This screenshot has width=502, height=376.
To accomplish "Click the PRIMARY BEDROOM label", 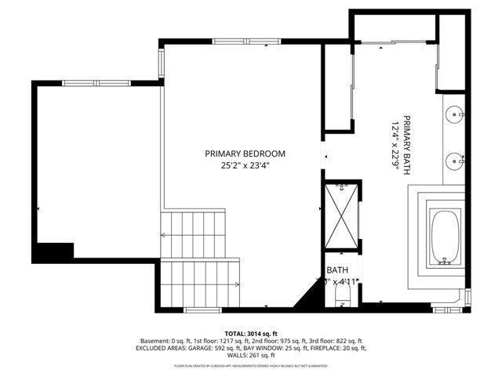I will pyautogui.click(x=245, y=154).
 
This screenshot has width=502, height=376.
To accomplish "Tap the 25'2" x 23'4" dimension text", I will pyautogui.click(x=245, y=165).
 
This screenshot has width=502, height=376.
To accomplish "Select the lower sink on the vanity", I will pyautogui.click(x=455, y=161).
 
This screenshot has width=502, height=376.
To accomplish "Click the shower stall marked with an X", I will pyautogui.click(x=341, y=215).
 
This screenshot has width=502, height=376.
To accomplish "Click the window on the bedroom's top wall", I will pyautogui.click(x=238, y=41).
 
